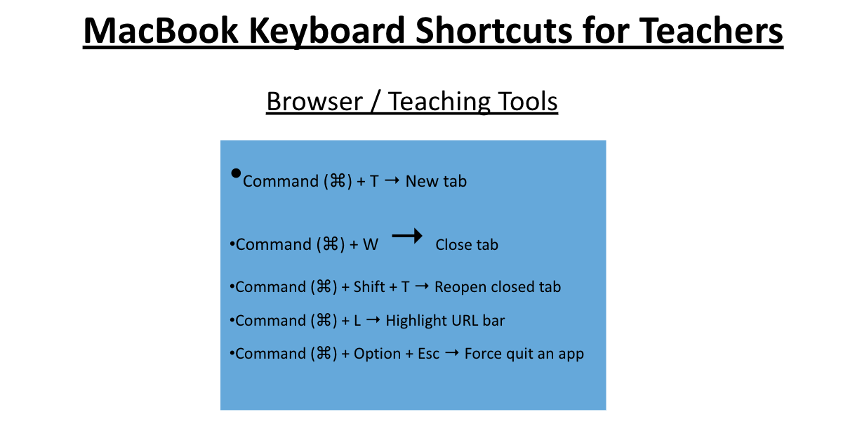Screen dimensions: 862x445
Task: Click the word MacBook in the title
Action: click(x=161, y=31)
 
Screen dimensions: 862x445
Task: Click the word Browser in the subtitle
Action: click(x=314, y=101)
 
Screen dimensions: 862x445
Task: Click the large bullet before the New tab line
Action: click(x=236, y=173)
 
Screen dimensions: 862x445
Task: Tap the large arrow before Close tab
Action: click(x=406, y=236)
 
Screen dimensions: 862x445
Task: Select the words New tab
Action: click(x=436, y=181)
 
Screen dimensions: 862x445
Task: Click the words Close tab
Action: click(x=467, y=245)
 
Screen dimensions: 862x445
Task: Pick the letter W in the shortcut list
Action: click(x=371, y=245)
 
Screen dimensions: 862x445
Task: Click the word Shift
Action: click(x=369, y=287)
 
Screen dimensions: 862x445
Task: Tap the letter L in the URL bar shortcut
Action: click(x=357, y=321)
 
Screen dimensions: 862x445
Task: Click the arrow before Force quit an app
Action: click(x=452, y=352)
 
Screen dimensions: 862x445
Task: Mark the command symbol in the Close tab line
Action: click(x=331, y=244)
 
